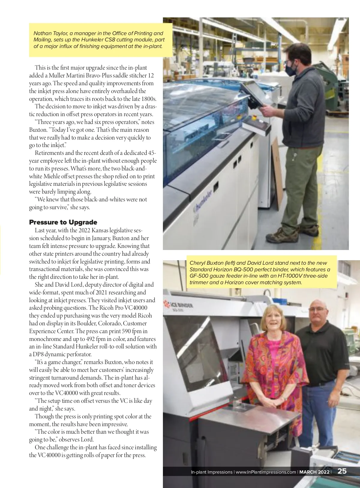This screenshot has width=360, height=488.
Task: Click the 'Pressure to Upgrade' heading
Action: pyautogui.click(x=63, y=222)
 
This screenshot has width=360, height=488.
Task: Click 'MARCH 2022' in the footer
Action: pyautogui.click(x=314, y=472)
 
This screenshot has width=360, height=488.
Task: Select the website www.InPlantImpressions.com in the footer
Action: pyautogui.click(x=265, y=472)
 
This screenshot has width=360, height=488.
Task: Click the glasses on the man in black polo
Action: pyautogui.click(x=317, y=309)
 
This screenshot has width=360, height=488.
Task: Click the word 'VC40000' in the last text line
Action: pyautogui.click(x=45, y=455)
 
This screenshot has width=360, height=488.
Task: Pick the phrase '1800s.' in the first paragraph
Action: pyautogui.click(x=149, y=99)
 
